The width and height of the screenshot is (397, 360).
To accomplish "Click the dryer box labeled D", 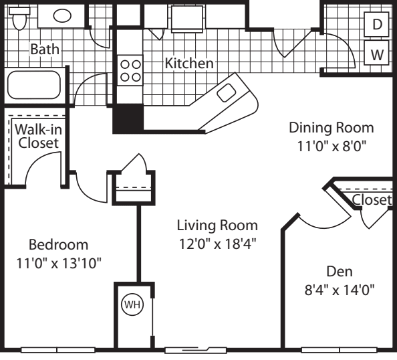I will pos(377,25).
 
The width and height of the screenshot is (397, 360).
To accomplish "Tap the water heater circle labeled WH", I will pos(132,304).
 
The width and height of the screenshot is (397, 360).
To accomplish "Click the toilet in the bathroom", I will pos(20,18).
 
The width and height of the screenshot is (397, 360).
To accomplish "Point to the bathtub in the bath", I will pos(34,86).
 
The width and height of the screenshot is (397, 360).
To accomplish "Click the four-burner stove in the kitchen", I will pos(130,70).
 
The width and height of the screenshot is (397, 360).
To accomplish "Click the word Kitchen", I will pos(189,64).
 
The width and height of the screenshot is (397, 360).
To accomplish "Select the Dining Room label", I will pos(331,127).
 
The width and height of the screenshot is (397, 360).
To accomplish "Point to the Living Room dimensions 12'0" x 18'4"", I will pos(217,242).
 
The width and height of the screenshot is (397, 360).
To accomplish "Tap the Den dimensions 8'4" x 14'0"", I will pos(340,289).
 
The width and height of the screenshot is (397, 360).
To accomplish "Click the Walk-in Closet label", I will pos(37,135).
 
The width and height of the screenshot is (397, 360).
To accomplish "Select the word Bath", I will pos(44,49).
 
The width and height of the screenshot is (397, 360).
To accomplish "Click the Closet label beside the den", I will pos(372,200).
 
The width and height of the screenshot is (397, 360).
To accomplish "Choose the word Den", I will pos(339,272).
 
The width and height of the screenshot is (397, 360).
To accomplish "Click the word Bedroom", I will pos(59,244).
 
